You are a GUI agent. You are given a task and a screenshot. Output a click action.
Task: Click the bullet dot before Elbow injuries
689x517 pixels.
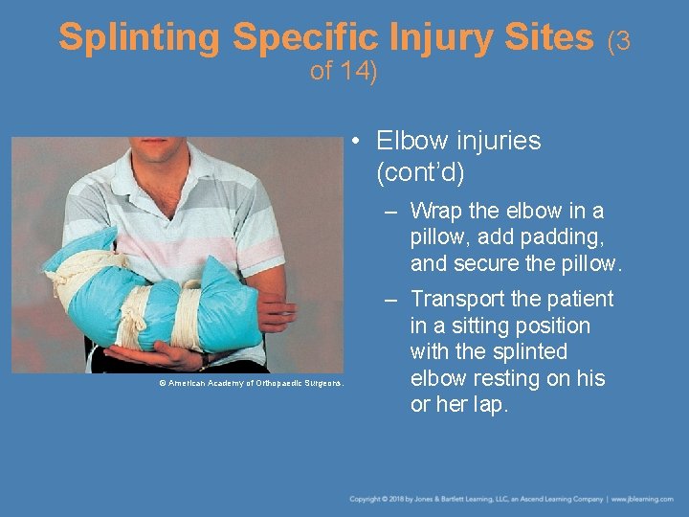[354, 142]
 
